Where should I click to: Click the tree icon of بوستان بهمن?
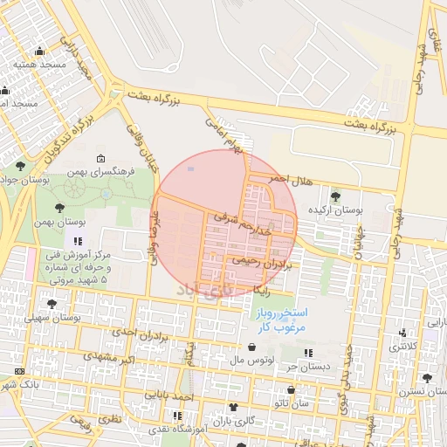[x=58, y=208]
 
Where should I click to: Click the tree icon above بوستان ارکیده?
[x=336, y=196]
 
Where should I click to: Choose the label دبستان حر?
[x=308, y=367]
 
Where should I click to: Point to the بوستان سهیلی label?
[x=52, y=318]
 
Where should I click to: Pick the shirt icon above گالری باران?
[x=233, y=407]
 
